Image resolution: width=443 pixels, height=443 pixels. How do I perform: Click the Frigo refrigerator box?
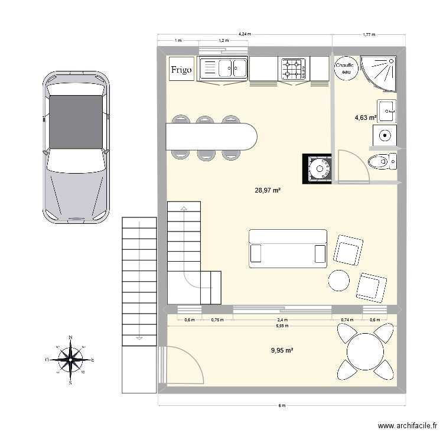coord(181,69)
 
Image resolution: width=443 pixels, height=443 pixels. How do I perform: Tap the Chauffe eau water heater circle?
coord(346,69)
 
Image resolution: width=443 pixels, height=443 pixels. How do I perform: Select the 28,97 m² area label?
coord(267,190)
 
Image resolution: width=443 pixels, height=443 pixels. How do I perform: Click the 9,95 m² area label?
coord(282,350)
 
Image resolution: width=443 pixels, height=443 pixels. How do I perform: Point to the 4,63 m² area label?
coord(366,118)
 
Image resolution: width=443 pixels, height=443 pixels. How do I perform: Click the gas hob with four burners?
coord(294,69)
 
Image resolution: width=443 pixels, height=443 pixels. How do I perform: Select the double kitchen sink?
coord(223,69)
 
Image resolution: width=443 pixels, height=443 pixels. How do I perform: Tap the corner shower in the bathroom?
coord(379,74)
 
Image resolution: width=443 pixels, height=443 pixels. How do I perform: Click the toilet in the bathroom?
coord(382,162)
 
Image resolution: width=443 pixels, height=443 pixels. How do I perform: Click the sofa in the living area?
coord(288,249)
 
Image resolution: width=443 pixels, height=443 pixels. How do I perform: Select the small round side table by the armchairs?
coord(339,280)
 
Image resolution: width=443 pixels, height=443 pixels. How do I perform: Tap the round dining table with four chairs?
coord(365,351)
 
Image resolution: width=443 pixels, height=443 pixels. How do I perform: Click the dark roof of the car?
coord(76,122)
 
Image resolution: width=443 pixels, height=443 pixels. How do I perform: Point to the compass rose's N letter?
coord(71,337)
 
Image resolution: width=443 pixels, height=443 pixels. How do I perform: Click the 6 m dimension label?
coord(282,405)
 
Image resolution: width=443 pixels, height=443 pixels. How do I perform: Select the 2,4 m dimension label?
coord(282,320)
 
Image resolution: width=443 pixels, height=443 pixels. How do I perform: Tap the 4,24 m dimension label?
coord(245,34)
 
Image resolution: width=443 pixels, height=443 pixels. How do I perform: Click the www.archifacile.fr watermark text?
coord(408,425)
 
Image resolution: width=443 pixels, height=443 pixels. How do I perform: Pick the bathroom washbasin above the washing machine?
coord(386,111)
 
